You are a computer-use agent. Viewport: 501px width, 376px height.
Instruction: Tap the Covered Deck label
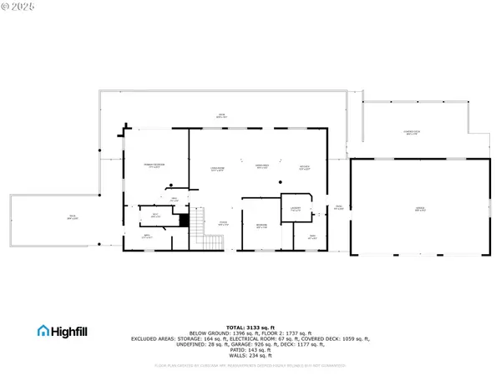pyautogui.click(x=411, y=132)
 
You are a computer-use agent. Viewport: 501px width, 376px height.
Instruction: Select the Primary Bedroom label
pyautogui.click(x=153, y=165)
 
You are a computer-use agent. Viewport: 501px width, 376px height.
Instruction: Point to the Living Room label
pyautogui.click(x=216, y=170)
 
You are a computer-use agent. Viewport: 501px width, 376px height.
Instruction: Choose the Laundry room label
pyautogui.click(x=296, y=209)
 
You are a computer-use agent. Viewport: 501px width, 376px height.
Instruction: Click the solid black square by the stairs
pyautogui.click(x=184, y=220)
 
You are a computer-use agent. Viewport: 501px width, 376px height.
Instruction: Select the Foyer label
pyautogui.click(x=224, y=222)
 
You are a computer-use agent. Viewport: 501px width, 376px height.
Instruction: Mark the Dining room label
pyautogui.click(x=261, y=165)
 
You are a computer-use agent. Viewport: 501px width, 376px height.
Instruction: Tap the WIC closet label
pyautogui.click(x=155, y=216)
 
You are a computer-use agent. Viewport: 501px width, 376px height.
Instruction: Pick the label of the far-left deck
pyautogui.click(x=73, y=218)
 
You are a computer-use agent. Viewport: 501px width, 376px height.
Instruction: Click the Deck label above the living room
pyautogui.click(x=222, y=116)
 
